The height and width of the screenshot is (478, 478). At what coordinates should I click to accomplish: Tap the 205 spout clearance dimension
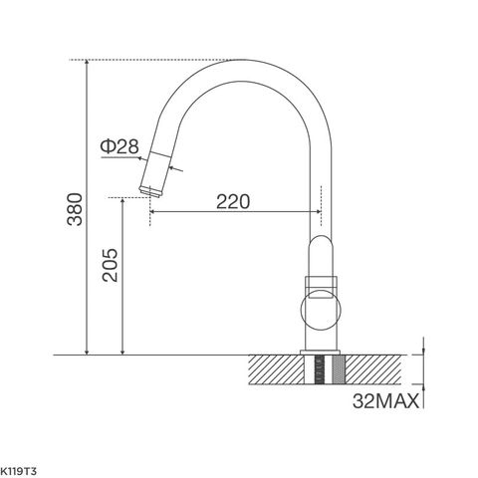point(109,264)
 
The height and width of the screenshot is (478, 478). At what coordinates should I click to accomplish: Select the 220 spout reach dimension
point(231,200)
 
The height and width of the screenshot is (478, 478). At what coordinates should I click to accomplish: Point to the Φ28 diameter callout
point(119,147)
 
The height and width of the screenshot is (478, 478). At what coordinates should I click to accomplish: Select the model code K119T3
point(20,466)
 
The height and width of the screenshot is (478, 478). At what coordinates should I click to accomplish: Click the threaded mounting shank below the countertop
point(321,374)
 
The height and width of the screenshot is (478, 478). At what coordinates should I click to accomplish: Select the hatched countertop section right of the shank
point(378,369)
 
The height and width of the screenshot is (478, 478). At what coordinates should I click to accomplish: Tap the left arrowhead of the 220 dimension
point(155,211)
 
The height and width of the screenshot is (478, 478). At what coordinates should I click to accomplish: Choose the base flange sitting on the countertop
point(321,352)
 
